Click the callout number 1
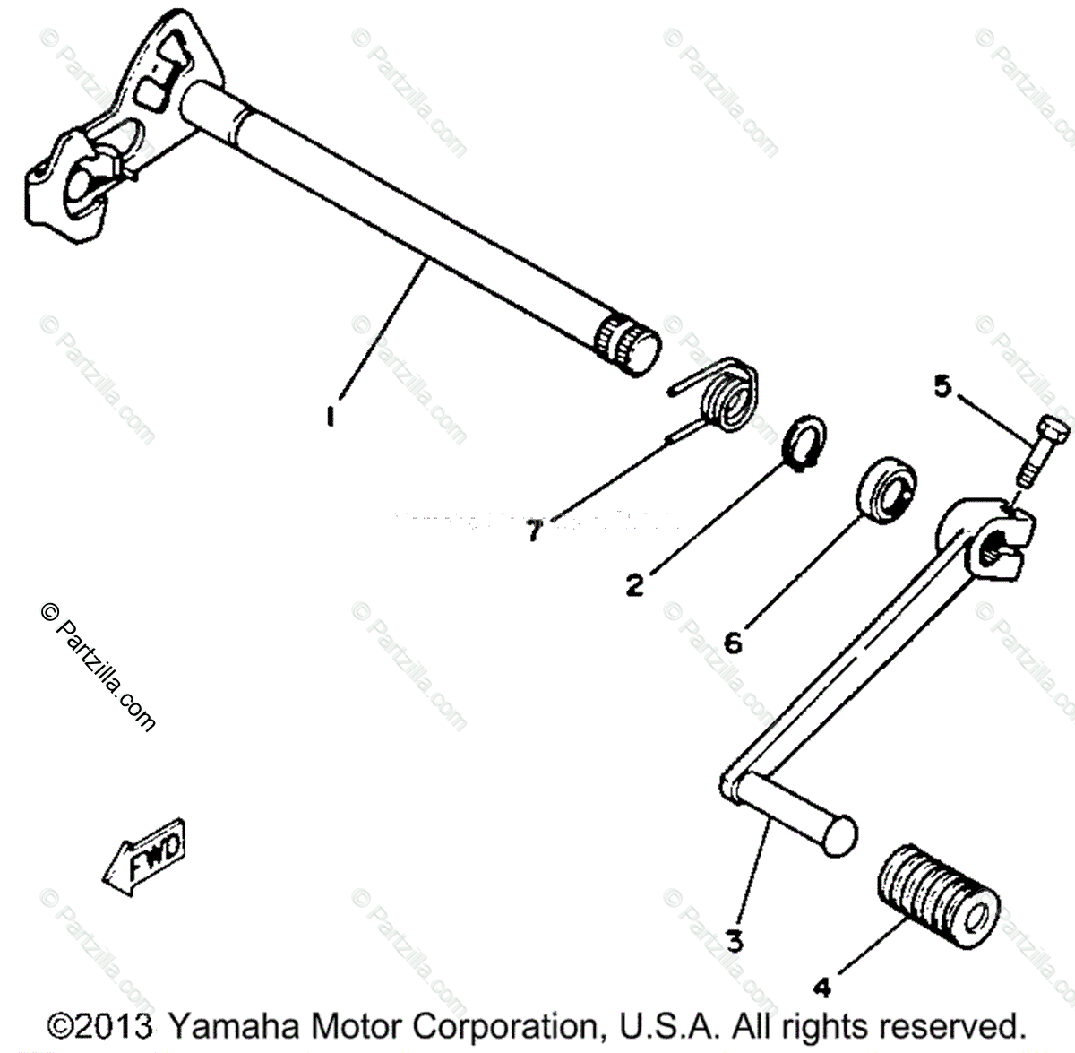331,417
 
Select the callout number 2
634,586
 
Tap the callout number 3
734,942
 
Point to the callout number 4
822,988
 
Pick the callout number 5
941,387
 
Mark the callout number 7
534,532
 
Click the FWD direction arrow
145,855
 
